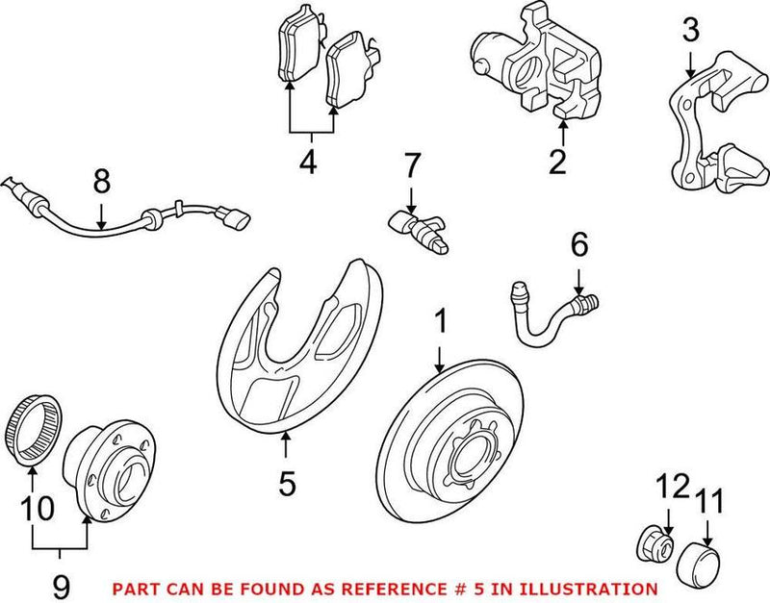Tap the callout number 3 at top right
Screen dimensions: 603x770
coord(691,31)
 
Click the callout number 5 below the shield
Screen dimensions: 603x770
coord(287,482)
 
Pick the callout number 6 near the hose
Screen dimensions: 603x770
coord(578,246)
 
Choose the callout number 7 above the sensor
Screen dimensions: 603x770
coord(411,166)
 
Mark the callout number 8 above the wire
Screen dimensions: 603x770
coord(101,180)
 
